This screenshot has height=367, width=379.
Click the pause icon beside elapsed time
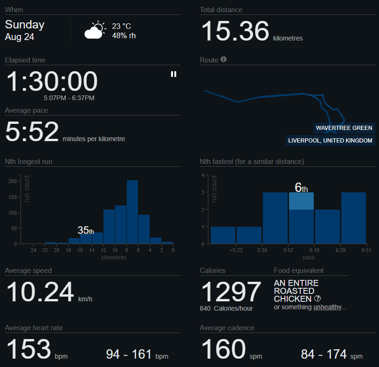(x=173, y=74)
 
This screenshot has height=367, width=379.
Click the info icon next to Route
(x=224, y=60)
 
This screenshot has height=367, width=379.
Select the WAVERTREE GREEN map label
(x=344, y=128)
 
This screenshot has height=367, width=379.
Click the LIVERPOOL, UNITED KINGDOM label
(x=330, y=141)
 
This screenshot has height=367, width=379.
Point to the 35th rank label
(x=86, y=230)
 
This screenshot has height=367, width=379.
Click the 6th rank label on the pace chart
(x=302, y=188)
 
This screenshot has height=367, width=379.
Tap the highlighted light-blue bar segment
(x=301, y=201)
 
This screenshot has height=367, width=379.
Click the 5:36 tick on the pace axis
(x=262, y=250)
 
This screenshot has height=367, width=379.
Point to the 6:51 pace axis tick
(x=366, y=250)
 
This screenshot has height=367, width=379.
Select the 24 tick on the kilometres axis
(x=34, y=250)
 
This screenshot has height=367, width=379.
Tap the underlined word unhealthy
(x=328, y=307)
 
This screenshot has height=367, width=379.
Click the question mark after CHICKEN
(x=317, y=299)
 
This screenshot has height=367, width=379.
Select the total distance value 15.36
(x=235, y=31)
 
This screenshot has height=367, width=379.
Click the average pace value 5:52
(x=32, y=131)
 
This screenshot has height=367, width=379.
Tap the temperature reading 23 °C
(x=122, y=27)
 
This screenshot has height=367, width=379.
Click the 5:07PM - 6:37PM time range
(x=69, y=98)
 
